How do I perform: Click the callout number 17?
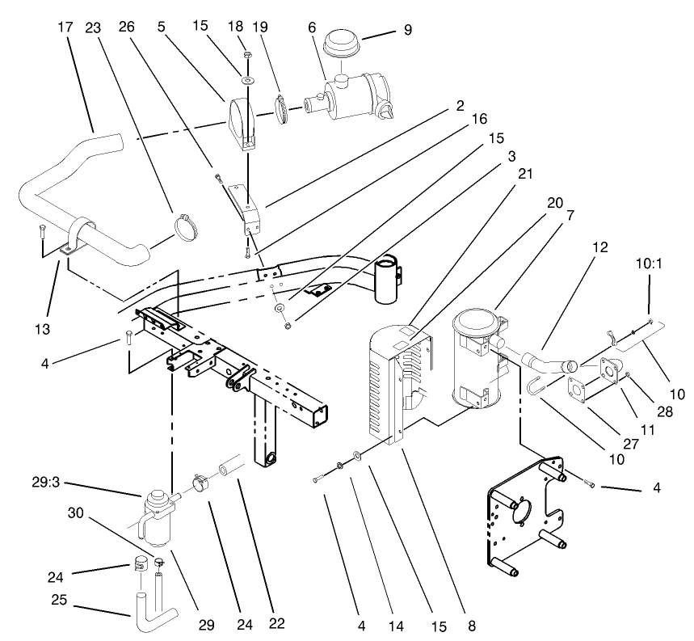tap(65, 26)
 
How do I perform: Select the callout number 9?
tap(408, 30)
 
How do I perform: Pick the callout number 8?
tap(470, 625)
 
